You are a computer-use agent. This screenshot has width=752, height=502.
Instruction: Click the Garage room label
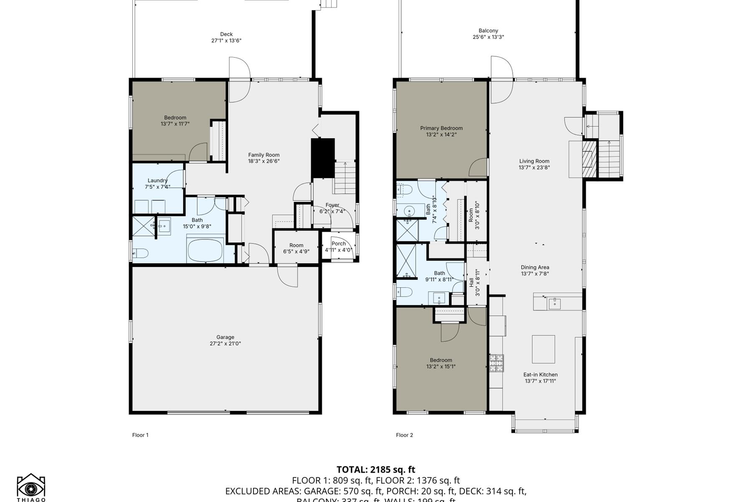[225, 337]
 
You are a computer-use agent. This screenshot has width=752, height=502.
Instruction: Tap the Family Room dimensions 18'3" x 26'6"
[264, 161]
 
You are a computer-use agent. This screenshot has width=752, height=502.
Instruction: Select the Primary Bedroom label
[441, 128]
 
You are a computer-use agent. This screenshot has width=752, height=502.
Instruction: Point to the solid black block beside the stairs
[323, 158]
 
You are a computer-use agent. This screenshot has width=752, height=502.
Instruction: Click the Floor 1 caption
[140, 435]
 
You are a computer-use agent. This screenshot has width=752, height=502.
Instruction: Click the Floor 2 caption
[404, 435]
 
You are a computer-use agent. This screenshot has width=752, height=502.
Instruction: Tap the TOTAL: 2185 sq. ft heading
[376, 469]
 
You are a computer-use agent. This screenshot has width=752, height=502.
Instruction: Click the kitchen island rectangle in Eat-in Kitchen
[543, 349]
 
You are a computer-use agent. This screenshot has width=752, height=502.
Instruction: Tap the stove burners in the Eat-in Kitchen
[497, 363]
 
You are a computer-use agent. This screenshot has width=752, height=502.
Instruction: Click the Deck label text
[226, 34]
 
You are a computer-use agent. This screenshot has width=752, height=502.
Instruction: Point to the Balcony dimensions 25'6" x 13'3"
[488, 37]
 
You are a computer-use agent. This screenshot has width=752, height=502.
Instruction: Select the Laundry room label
[158, 181]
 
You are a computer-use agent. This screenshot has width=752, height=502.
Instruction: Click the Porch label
[338, 243]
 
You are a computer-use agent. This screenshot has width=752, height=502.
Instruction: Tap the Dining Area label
[535, 267]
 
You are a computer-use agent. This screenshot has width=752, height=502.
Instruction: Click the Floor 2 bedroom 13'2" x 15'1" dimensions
[441, 366]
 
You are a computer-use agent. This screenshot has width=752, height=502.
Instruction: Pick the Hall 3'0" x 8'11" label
[474, 283]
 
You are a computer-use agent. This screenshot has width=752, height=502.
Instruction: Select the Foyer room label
[333, 205]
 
